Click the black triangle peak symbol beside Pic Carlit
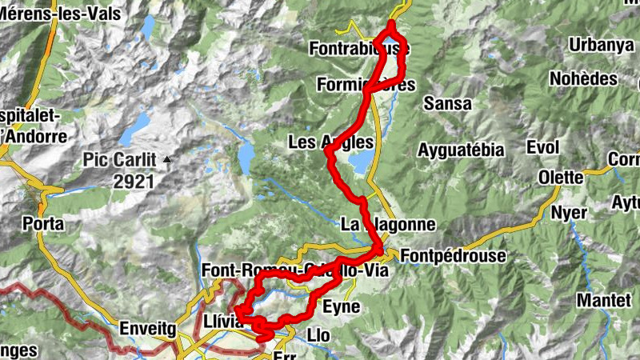[167, 160]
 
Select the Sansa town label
[447, 103]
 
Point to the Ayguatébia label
[461, 150]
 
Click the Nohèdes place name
[583, 78]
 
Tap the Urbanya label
[595, 45]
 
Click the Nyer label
[569, 213]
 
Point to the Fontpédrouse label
[453, 256]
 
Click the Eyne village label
[341, 306]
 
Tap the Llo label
[318, 333]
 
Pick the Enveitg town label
[146, 327]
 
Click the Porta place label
[43, 223]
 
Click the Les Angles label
[330, 142]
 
